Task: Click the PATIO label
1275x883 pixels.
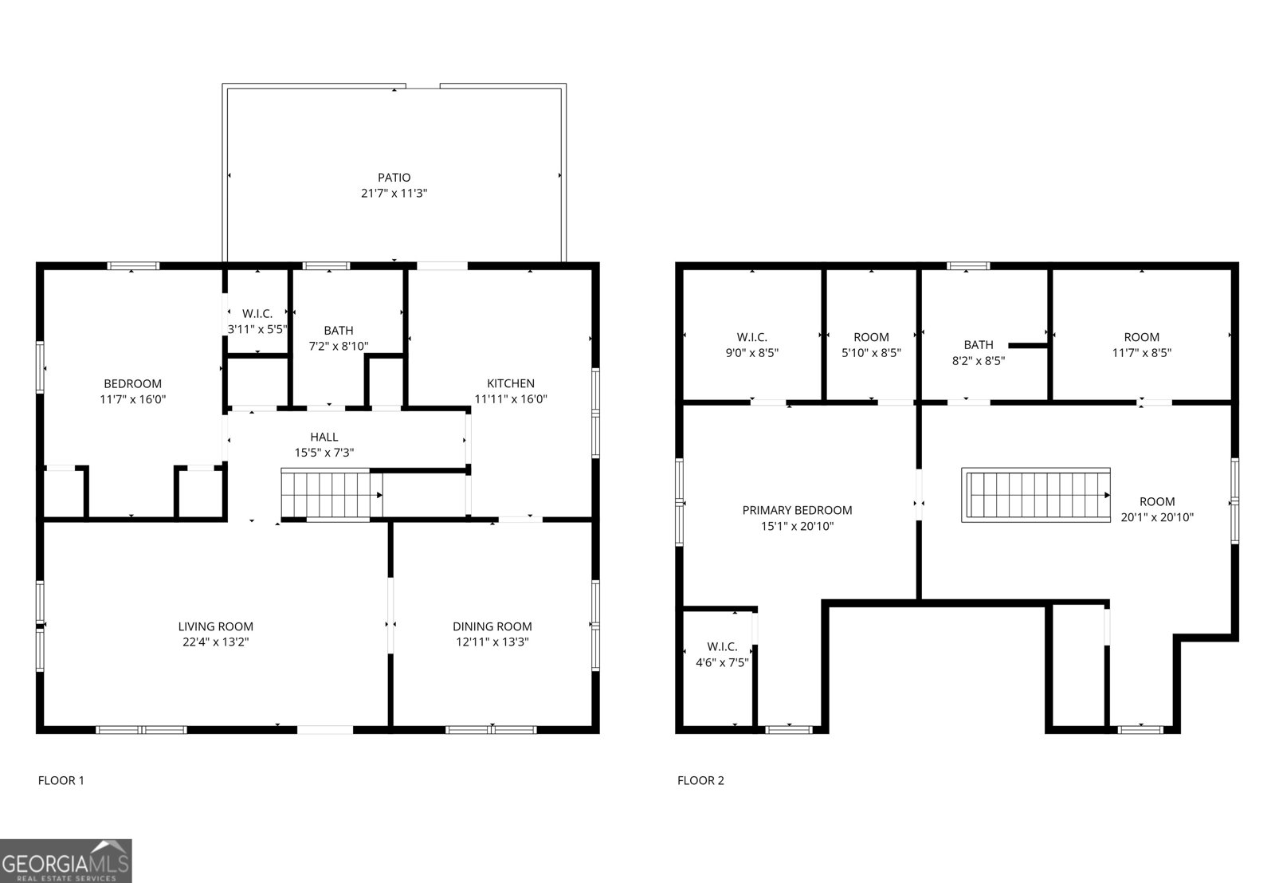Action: [x=394, y=178]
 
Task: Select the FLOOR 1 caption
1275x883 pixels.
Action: [x=61, y=780]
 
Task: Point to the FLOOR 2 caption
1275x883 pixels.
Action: [x=700, y=780]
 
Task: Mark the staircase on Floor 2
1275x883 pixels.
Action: [x=1036, y=495]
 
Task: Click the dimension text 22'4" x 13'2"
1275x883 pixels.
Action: [x=216, y=642]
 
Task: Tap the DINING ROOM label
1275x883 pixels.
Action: [x=492, y=626]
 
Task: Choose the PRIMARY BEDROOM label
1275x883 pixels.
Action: [x=797, y=510]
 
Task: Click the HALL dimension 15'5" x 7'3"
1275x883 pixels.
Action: [x=324, y=452]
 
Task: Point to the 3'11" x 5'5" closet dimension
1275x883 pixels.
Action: [x=257, y=328]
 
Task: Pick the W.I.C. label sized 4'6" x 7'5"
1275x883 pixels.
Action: [x=722, y=646]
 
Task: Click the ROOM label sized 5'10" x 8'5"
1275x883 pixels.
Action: [x=871, y=337]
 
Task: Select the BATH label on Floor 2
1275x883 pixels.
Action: [x=979, y=344]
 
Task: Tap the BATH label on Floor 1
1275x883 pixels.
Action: [x=339, y=330]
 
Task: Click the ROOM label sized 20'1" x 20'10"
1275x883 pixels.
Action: [x=1157, y=501]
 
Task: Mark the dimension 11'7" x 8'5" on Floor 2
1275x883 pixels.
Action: [x=1142, y=352]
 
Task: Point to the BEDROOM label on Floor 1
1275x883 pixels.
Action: [x=132, y=383]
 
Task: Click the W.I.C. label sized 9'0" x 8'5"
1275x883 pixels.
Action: [x=751, y=337]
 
